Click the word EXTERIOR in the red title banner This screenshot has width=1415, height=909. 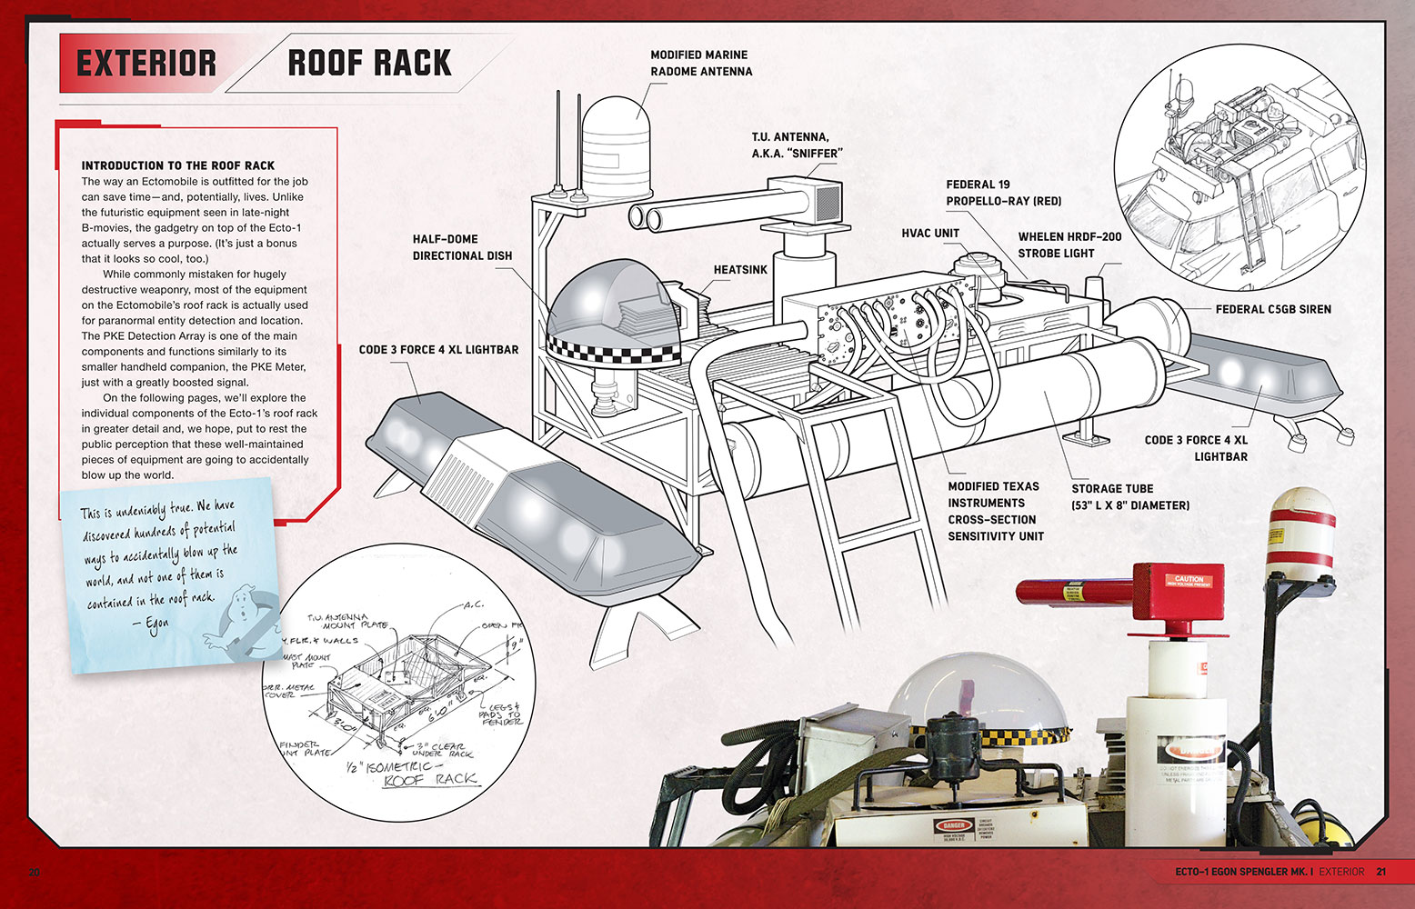(146, 64)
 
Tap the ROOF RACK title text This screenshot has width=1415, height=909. (369, 63)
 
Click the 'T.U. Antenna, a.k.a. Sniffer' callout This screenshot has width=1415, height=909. (796, 145)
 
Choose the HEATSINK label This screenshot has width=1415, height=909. (740, 270)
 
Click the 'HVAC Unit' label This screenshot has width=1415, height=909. (930, 234)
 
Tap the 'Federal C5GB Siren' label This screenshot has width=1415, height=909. (1273, 309)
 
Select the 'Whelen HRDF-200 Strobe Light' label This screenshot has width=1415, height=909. (1069, 245)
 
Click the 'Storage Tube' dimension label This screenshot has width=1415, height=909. (1129, 497)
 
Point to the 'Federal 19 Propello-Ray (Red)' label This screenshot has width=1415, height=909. (1003, 193)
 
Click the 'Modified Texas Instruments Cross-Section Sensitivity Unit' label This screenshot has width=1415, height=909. (995, 511)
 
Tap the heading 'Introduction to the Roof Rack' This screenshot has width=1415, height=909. (178, 165)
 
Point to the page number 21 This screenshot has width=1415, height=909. (1380, 872)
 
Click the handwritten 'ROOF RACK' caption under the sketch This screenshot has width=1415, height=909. (430, 780)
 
